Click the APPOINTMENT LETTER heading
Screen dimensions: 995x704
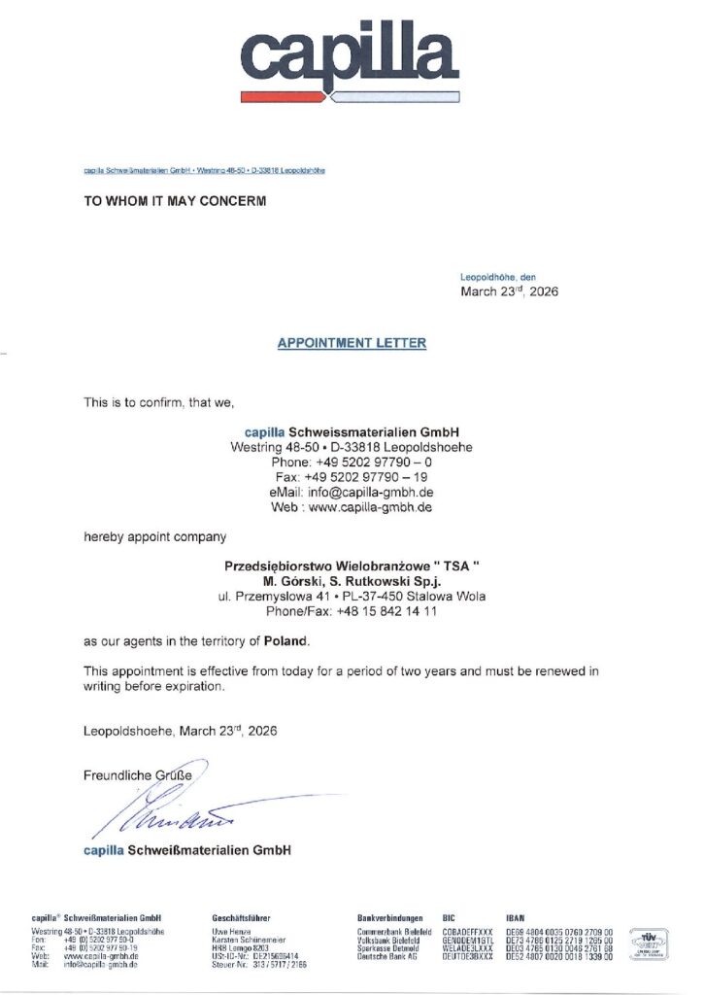coord(352,343)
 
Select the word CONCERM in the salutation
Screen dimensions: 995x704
coord(226,202)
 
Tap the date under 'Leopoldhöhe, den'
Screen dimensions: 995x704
coord(509,291)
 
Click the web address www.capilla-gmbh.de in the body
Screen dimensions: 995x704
coord(370,507)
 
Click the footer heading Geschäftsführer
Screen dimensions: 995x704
coord(241,917)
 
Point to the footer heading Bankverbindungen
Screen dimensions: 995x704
coord(390,917)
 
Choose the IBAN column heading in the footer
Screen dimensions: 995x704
coord(516,917)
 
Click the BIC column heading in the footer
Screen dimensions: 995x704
coord(449,917)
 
